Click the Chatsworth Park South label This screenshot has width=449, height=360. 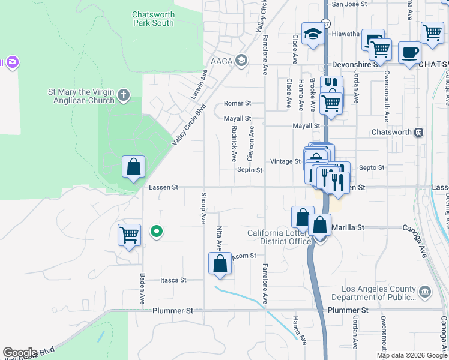coord(153,19)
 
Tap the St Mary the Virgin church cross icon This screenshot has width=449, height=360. coord(124,94)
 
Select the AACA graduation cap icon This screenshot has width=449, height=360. coord(241,60)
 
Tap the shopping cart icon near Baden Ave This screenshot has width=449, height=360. coord(129,235)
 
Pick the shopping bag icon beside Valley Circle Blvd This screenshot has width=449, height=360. coord(133,167)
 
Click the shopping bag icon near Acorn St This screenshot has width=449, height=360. coord(220,263)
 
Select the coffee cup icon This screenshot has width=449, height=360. coord(410,52)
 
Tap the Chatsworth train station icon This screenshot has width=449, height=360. coord(419,132)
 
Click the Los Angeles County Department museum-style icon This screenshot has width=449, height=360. coord(425,292)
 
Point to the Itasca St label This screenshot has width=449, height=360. coord(174,280)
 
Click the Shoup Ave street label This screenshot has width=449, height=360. coord(203,209)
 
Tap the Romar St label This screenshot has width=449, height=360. coord(237,103)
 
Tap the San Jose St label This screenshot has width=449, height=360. coord(349,4)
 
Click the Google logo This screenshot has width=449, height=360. coord(20,353)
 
